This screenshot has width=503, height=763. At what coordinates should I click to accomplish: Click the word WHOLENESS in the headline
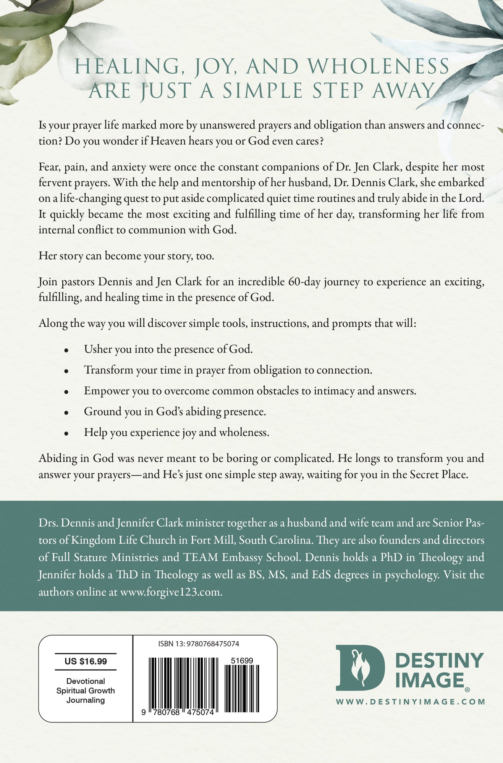[x=378, y=67]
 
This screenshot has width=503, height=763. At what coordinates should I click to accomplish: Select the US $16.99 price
[x=86, y=661]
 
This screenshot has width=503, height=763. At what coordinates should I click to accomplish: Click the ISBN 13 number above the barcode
[x=199, y=644]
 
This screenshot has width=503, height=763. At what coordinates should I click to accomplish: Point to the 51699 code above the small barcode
[x=242, y=661]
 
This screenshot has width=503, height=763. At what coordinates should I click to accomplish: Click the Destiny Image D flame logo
[x=360, y=668]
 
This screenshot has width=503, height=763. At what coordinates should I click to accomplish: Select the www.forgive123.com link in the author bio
[x=171, y=592]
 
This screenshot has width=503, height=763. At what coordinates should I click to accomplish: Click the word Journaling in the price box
[x=86, y=700]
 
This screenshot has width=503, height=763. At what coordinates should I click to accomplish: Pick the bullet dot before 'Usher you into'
[x=66, y=350]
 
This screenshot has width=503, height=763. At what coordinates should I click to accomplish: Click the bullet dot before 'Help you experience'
[x=66, y=433]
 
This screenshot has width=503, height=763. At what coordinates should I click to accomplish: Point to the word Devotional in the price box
[x=86, y=681]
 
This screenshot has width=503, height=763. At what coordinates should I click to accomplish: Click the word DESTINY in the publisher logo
[x=440, y=660]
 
